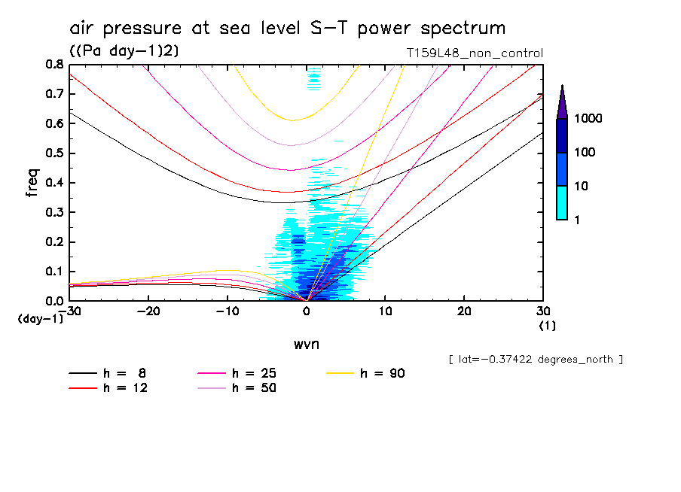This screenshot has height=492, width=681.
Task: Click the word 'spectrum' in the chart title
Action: pyautogui.click(x=457, y=29)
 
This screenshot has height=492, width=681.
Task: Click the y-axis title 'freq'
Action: pyautogui.click(x=32, y=182)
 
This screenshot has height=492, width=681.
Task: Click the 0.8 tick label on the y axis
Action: pyautogui.click(x=53, y=65)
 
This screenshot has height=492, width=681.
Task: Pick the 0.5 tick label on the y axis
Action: pyautogui.click(x=53, y=153)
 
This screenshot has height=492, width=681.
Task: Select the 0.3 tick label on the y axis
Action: pyautogui.click(x=53, y=212)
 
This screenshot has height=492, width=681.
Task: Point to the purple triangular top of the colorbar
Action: pyautogui.click(x=562, y=102)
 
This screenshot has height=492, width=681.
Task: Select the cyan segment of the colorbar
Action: pyautogui.click(x=562, y=202)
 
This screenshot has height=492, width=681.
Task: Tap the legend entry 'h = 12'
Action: pyautogui.click(x=125, y=388)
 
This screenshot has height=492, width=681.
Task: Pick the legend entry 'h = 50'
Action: pyautogui.click(x=254, y=388)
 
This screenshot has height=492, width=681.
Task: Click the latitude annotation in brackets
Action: pyautogui.click(x=535, y=360)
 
